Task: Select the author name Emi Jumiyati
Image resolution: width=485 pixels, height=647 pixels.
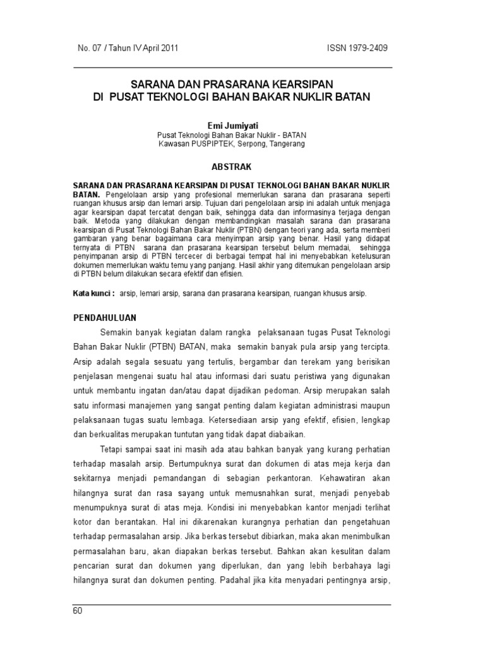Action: [233, 126]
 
